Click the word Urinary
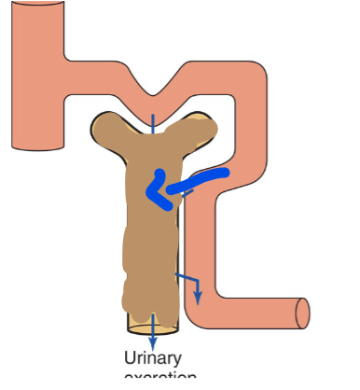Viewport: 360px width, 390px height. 153,357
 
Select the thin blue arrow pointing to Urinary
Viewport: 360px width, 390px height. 153,331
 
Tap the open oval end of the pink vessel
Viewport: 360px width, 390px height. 302,314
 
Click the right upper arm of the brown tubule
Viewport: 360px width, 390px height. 200,126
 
